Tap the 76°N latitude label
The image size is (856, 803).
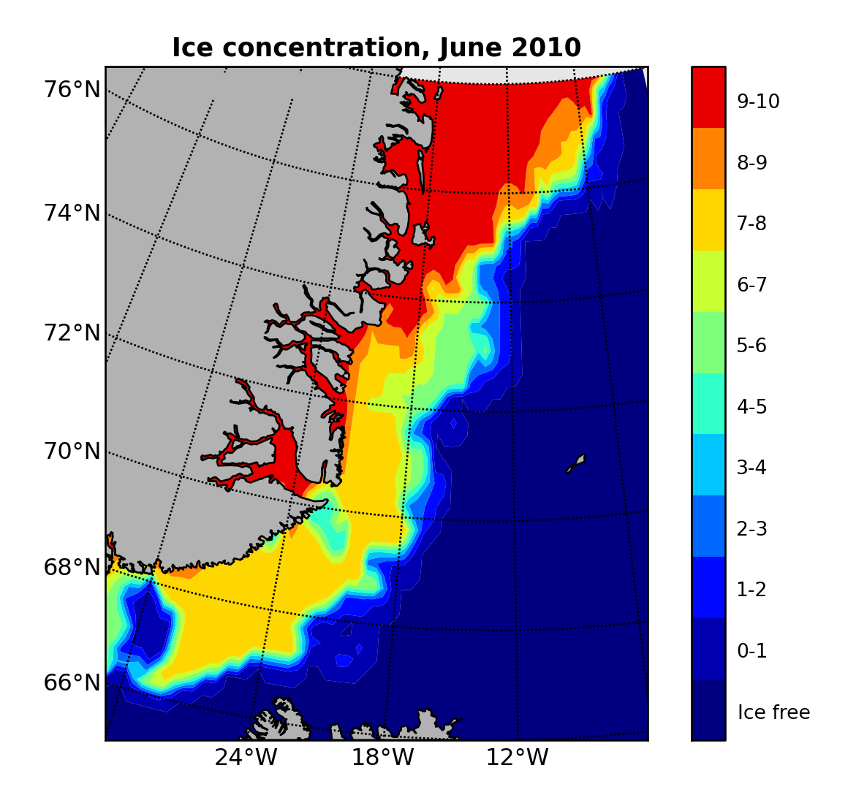click(72, 90)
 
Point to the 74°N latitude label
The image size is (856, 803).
click(72, 213)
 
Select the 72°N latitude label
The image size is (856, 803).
click(72, 333)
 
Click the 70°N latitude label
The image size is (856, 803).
click(72, 452)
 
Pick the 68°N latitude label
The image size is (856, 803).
click(72, 567)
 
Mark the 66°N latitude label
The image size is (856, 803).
click(72, 683)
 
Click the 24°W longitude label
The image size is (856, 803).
click(246, 758)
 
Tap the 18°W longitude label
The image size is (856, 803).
click(382, 758)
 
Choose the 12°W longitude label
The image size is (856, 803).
click(517, 758)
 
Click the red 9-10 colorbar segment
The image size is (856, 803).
click(708, 97)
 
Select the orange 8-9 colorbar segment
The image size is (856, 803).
click(708, 159)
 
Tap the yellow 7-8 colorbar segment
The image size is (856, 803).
click(708, 220)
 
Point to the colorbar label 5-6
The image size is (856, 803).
click(751, 346)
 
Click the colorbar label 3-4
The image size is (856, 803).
click(751, 468)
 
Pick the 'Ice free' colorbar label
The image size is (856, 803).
click(773, 712)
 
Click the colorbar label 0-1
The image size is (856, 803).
click(751, 651)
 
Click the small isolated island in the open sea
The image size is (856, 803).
click(577, 463)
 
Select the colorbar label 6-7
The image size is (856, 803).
click(751, 285)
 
